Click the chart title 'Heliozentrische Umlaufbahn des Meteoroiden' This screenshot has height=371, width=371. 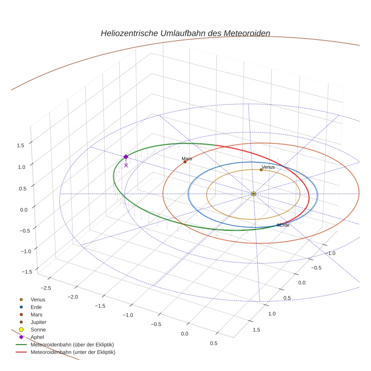(x=185, y=33)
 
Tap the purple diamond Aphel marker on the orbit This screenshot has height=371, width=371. (x=126, y=156)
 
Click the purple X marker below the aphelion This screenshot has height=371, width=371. (x=126, y=165)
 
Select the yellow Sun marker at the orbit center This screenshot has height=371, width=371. (x=253, y=194)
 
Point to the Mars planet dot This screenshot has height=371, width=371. (x=185, y=162)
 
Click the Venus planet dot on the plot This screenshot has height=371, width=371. (x=261, y=170)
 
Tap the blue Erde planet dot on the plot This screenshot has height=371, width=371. (x=278, y=225)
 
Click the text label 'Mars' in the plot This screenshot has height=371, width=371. (x=187, y=159)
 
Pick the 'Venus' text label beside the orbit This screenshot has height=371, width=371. (x=268, y=167)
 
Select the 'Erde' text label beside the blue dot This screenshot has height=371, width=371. (x=285, y=225)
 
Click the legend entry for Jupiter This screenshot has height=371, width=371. (x=38, y=322)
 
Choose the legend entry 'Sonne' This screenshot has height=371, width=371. (x=38, y=330)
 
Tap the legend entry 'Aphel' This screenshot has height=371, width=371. (x=37, y=337)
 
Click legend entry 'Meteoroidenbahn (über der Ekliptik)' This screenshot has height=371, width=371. (x=72, y=345)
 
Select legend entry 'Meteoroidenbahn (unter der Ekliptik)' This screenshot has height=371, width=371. (x=73, y=352)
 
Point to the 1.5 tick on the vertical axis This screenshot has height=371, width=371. (x=21, y=145)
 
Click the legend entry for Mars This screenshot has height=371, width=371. (x=36, y=314)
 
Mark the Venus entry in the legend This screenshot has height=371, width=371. (x=38, y=299)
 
